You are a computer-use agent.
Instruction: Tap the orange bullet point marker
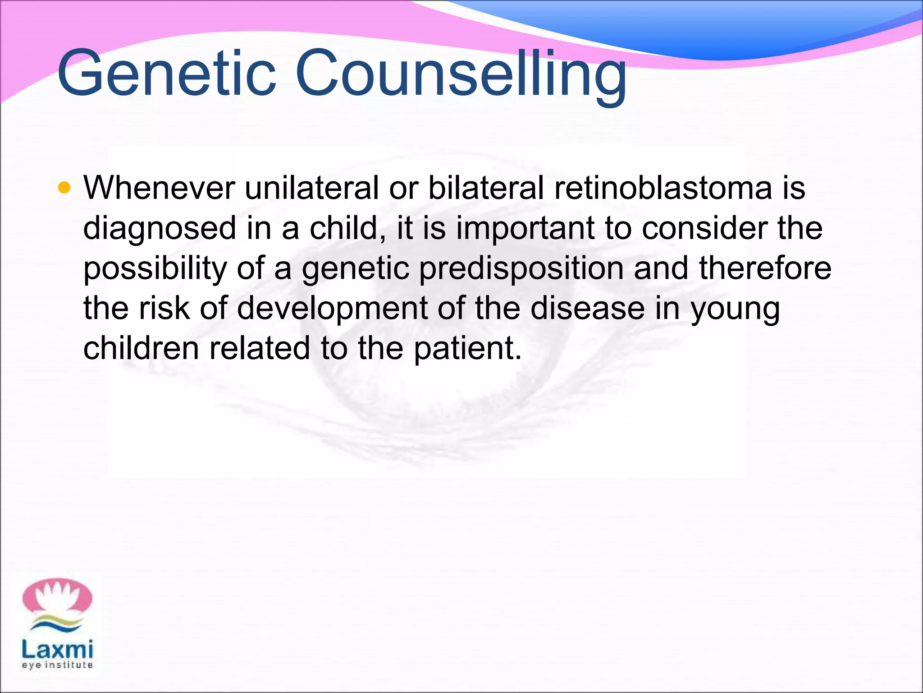point(64,187)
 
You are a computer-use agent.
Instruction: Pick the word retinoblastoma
point(663,188)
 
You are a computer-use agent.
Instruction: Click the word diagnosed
point(160,228)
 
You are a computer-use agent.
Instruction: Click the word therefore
point(765,268)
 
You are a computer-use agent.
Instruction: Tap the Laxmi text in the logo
point(57,650)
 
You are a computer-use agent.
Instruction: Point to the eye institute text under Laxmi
point(57,665)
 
